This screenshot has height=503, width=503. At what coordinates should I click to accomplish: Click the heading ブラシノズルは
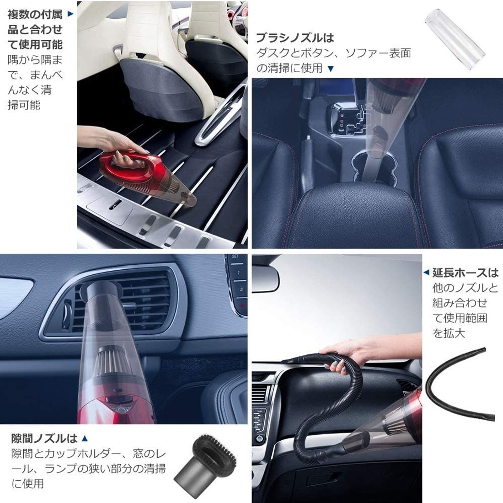tap(295, 38)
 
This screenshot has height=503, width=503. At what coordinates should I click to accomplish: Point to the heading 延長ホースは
tap(466, 273)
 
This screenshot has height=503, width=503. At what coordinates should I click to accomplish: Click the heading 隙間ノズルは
tap(44, 438)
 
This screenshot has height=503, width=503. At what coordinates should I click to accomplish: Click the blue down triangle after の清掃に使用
tap(331, 68)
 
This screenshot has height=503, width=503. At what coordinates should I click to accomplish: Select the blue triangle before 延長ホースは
tap(426, 273)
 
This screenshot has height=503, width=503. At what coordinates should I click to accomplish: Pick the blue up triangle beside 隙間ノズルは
tap(85, 438)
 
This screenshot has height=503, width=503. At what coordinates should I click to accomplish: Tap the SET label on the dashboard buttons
tap(235, 257)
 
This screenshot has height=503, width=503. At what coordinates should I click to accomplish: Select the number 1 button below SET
tap(238, 273)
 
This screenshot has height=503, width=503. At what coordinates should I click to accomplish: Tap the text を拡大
tap(449, 332)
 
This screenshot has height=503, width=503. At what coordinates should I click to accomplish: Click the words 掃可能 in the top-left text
tap(24, 105)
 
